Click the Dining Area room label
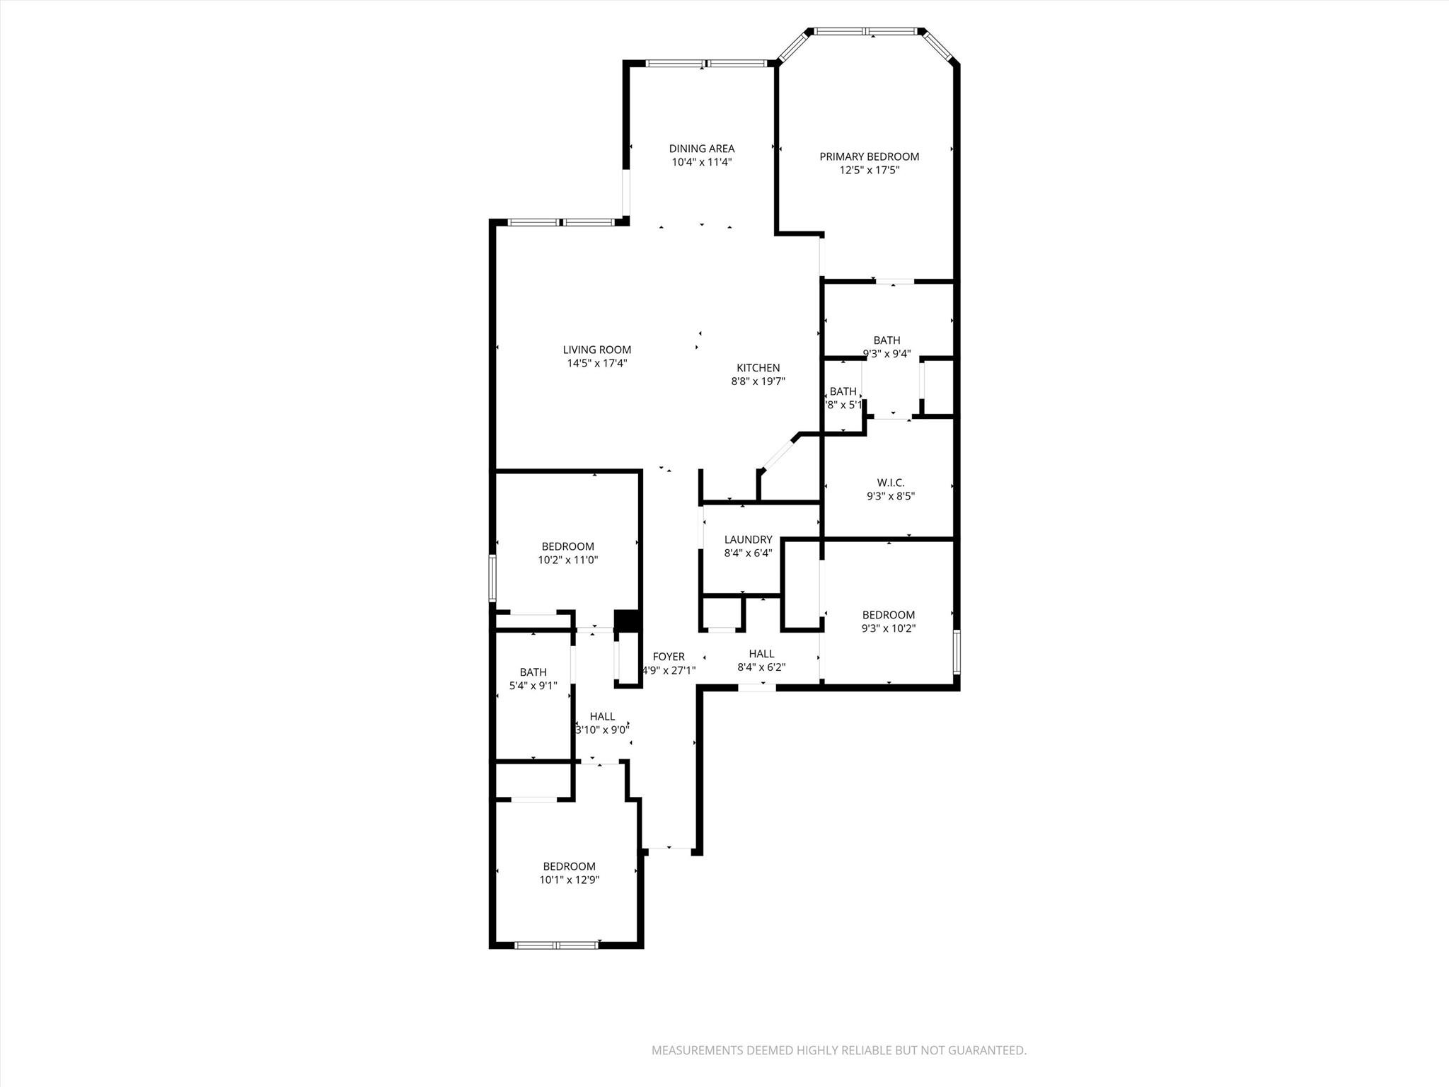point(701,149)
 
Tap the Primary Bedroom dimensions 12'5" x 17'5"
point(869,170)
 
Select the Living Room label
point(596,350)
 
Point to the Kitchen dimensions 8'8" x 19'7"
point(758,381)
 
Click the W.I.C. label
point(890,483)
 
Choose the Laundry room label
point(748,539)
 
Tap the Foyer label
point(668,657)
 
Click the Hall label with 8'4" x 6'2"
point(761,654)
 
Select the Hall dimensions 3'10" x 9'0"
point(602,730)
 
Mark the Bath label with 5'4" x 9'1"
point(533,672)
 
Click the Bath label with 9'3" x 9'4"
point(887,340)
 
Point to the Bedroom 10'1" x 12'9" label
point(569,866)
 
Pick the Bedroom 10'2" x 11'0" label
point(567,546)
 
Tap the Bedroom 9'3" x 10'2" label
point(888,615)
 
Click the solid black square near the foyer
point(626,621)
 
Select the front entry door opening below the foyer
point(669,848)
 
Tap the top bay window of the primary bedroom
point(867,31)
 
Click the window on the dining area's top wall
point(705,64)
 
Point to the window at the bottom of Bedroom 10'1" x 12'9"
point(557,945)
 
